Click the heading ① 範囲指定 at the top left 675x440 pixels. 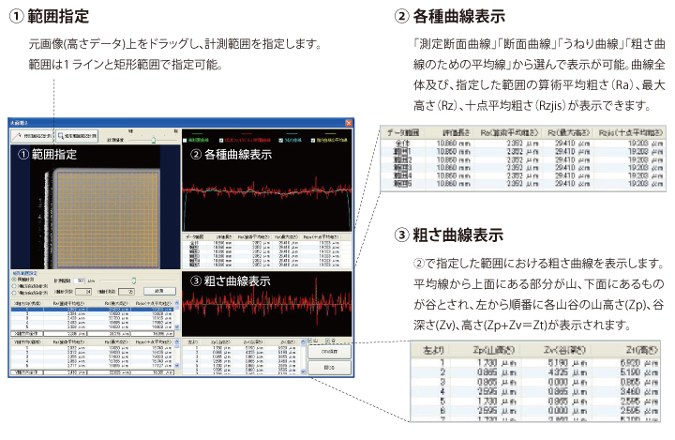click(52, 17)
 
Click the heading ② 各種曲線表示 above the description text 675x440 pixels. click(450, 17)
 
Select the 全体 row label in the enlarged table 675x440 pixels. click(407, 144)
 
